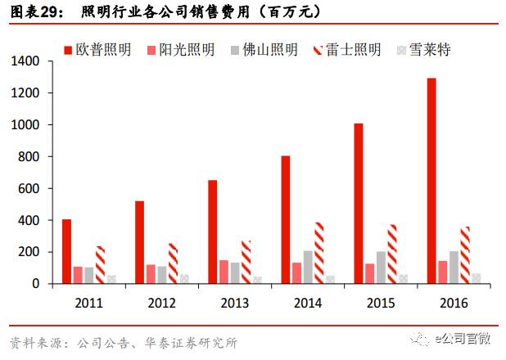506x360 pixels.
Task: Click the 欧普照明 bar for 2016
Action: click(x=431, y=181)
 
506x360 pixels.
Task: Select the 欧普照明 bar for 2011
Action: click(x=66, y=251)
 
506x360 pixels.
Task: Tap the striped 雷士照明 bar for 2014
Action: click(x=319, y=253)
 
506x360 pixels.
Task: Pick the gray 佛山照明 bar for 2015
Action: click(x=381, y=268)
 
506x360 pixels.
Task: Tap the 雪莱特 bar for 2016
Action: click(x=477, y=278)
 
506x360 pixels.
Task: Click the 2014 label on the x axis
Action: click(x=307, y=303)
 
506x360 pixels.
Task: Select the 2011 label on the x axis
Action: click(x=88, y=303)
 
